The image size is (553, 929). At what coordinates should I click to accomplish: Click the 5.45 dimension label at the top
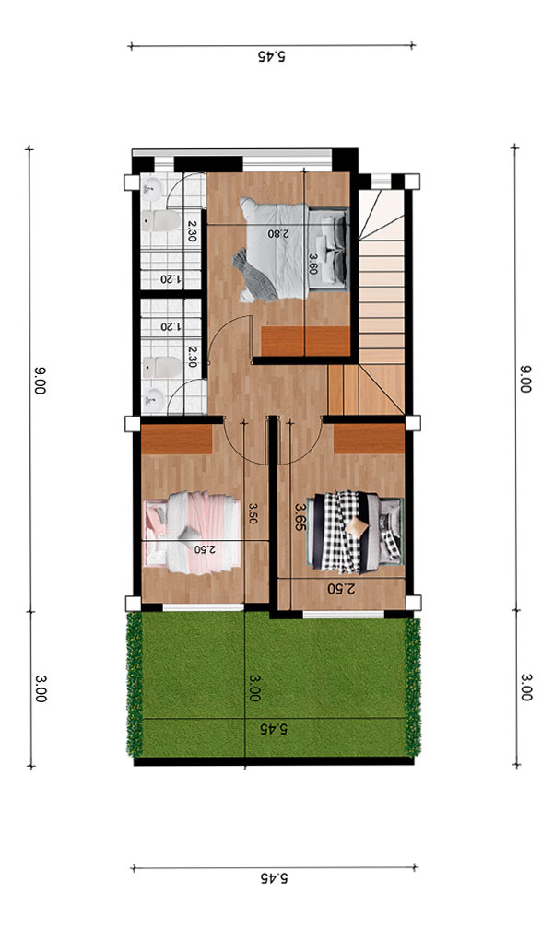click(x=272, y=56)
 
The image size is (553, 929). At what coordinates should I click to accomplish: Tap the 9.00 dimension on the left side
click(x=39, y=381)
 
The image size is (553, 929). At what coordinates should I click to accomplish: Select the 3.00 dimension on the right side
click(x=525, y=688)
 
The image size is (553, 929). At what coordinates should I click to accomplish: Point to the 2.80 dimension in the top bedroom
click(x=278, y=233)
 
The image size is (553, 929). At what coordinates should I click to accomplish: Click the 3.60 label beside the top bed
click(x=313, y=265)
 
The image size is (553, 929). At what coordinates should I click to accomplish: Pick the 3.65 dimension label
click(x=300, y=517)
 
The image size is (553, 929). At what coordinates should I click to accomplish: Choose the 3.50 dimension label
click(x=253, y=513)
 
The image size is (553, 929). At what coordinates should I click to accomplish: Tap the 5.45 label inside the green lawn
click(x=272, y=729)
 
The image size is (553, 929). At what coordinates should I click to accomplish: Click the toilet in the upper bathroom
click(x=161, y=221)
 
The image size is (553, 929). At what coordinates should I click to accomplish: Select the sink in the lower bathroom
click(x=155, y=400)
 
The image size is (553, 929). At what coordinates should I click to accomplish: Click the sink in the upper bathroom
click(x=153, y=188)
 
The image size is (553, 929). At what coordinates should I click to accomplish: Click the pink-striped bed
click(x=192, y=533)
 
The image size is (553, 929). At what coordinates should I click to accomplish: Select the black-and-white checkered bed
click(x=355, y=532)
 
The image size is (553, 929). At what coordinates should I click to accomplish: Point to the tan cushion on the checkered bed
click(x=358, y=527)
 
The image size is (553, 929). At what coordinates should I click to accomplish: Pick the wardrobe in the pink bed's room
click(x=177, y=439)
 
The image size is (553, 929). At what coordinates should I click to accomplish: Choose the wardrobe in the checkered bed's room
click(x=369, y=439)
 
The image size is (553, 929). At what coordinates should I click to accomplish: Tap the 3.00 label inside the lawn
click(x=254, y=688)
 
